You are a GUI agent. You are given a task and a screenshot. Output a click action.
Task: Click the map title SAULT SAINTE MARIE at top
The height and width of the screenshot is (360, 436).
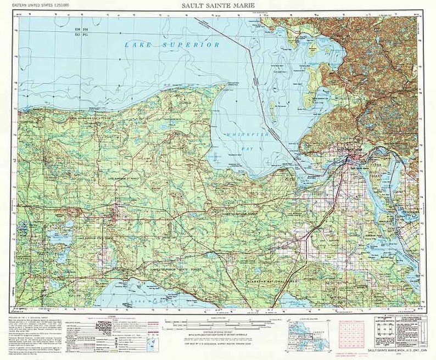click(x=218, y=5)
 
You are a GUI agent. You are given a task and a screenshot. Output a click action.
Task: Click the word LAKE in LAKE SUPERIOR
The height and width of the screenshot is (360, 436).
click(x=137, y=45)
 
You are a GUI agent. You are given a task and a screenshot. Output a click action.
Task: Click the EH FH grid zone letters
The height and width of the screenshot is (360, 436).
click(x=81, y=28)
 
